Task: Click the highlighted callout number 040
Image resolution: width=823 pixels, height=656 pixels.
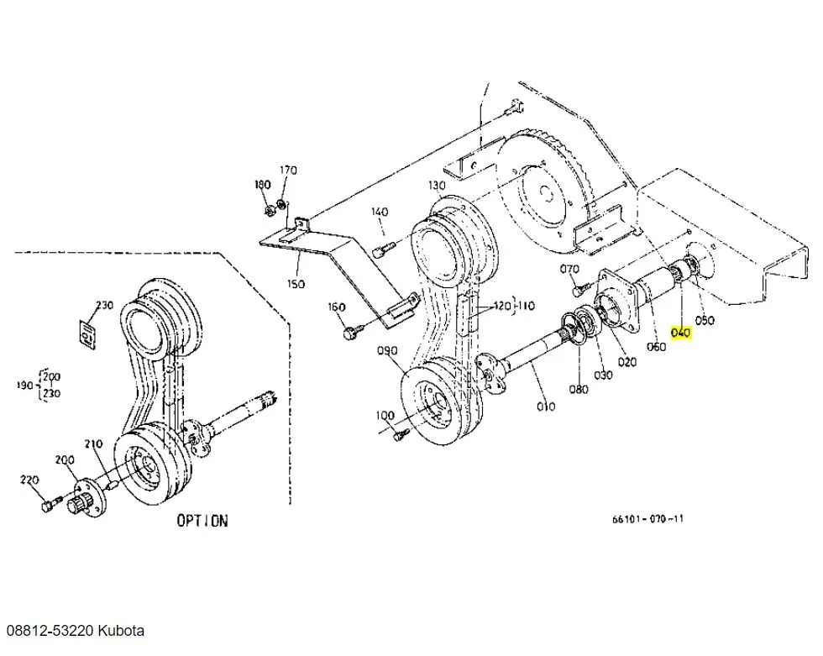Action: [x=681, y=333]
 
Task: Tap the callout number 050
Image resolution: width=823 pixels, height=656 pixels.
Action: [x=705, y=320]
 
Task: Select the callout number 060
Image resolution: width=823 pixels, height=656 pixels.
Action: [x=656, y=346]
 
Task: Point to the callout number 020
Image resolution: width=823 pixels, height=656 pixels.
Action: [x=627, y=361]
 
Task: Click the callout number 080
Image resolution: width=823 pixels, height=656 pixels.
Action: [x=579, y=389]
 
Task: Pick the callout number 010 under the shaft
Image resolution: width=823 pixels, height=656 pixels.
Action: [x=546, y=406]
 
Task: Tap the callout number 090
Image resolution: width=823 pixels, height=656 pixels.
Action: [x=387, y=350]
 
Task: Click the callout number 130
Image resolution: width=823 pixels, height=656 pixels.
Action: [x=437, y=185]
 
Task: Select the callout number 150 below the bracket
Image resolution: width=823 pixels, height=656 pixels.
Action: [x=296, y=283]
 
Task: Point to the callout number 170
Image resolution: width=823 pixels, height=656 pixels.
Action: [x=288, y=170]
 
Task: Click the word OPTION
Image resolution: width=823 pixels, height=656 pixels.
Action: [x=202, y=521]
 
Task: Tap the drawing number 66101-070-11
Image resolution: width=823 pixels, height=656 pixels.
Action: [x=647, y=519]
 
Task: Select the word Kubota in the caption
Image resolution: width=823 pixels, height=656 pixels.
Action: [x=121, y=630]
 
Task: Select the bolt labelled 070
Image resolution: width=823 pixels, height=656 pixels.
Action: [x=579, y=287]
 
